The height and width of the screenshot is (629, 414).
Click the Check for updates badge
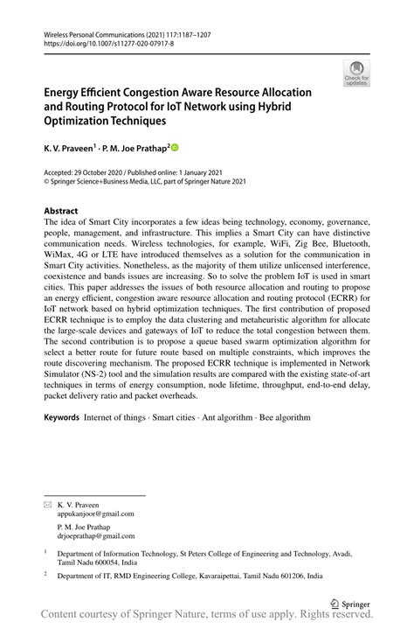pos(355,73)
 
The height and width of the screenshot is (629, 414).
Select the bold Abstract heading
pos(61,211)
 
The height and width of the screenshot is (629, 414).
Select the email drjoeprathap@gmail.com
pos(95,536)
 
